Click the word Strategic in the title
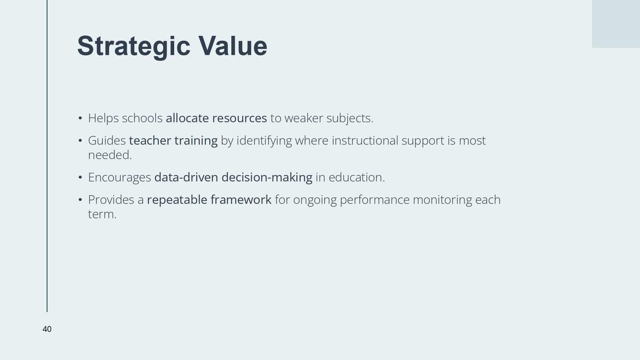tap(134, 47)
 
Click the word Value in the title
tap(233, 46)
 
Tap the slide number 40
tap(47, 329)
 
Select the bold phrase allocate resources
tap(217, 118)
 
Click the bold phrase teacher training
tap(173, 141)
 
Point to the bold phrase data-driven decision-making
tap(233, 178)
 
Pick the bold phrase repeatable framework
tap(209, 199)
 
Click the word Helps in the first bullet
tap(103, 118)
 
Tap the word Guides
tap(107, 141)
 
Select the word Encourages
tap(119, 178)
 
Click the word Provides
tap(111, 199)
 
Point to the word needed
tap(110, 155)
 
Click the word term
tap(102, 214)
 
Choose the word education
tap(357, 178)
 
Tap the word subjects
tap(350, 118)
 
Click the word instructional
tap(365, 141)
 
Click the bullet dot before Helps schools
tap(81, 118)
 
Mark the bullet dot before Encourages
tap(81, 178)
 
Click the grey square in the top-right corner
tap(615, 23)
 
